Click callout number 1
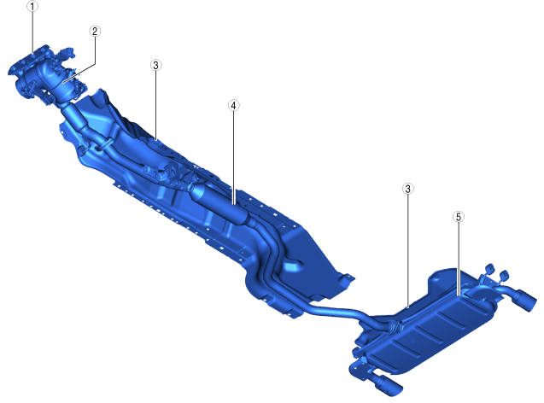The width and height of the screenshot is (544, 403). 32,6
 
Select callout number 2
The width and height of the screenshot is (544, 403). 95,32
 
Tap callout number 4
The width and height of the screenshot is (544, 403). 233,105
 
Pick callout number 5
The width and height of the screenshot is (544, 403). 459,217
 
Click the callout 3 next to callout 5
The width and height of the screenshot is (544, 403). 407,189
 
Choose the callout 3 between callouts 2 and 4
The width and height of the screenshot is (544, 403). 155,65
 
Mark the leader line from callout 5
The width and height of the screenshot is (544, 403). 459,259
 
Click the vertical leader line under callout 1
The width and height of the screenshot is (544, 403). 32,32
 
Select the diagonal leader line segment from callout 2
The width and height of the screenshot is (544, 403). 79,73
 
